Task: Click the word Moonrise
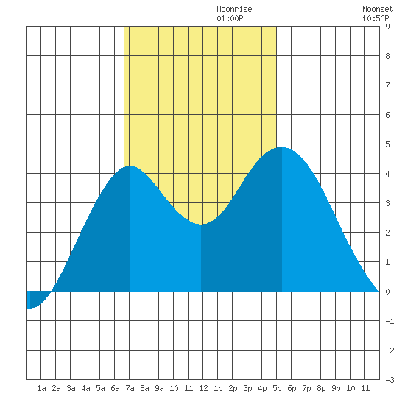click(x=234, y=9)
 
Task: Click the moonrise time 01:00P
click(x=230, y=18)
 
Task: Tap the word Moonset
click(x=378, y=9)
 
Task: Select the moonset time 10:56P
click(x=376, y=18)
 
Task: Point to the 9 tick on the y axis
click(x=387, y=27)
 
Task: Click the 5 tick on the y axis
click(x=387, y=144)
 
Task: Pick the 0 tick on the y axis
click(x=387, y=292)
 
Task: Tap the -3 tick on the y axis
click(x=390, y=380)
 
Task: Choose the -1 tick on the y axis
click(x=390, y=321)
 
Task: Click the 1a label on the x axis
click(x=41, y=388)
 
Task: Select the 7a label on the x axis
click(x=130, y=388)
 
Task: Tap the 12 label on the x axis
click(x=203, y=388)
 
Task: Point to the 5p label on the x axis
click(x=277, y=388)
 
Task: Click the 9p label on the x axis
click(x=336, y=388)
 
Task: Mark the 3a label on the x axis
click(x=71, y=388)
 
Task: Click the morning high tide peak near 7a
click(x=130, y=166)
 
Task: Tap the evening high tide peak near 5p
click(x=281, y=148)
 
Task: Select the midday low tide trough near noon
click(x=201, y=224)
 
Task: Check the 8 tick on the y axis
click(x=387, y=56)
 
